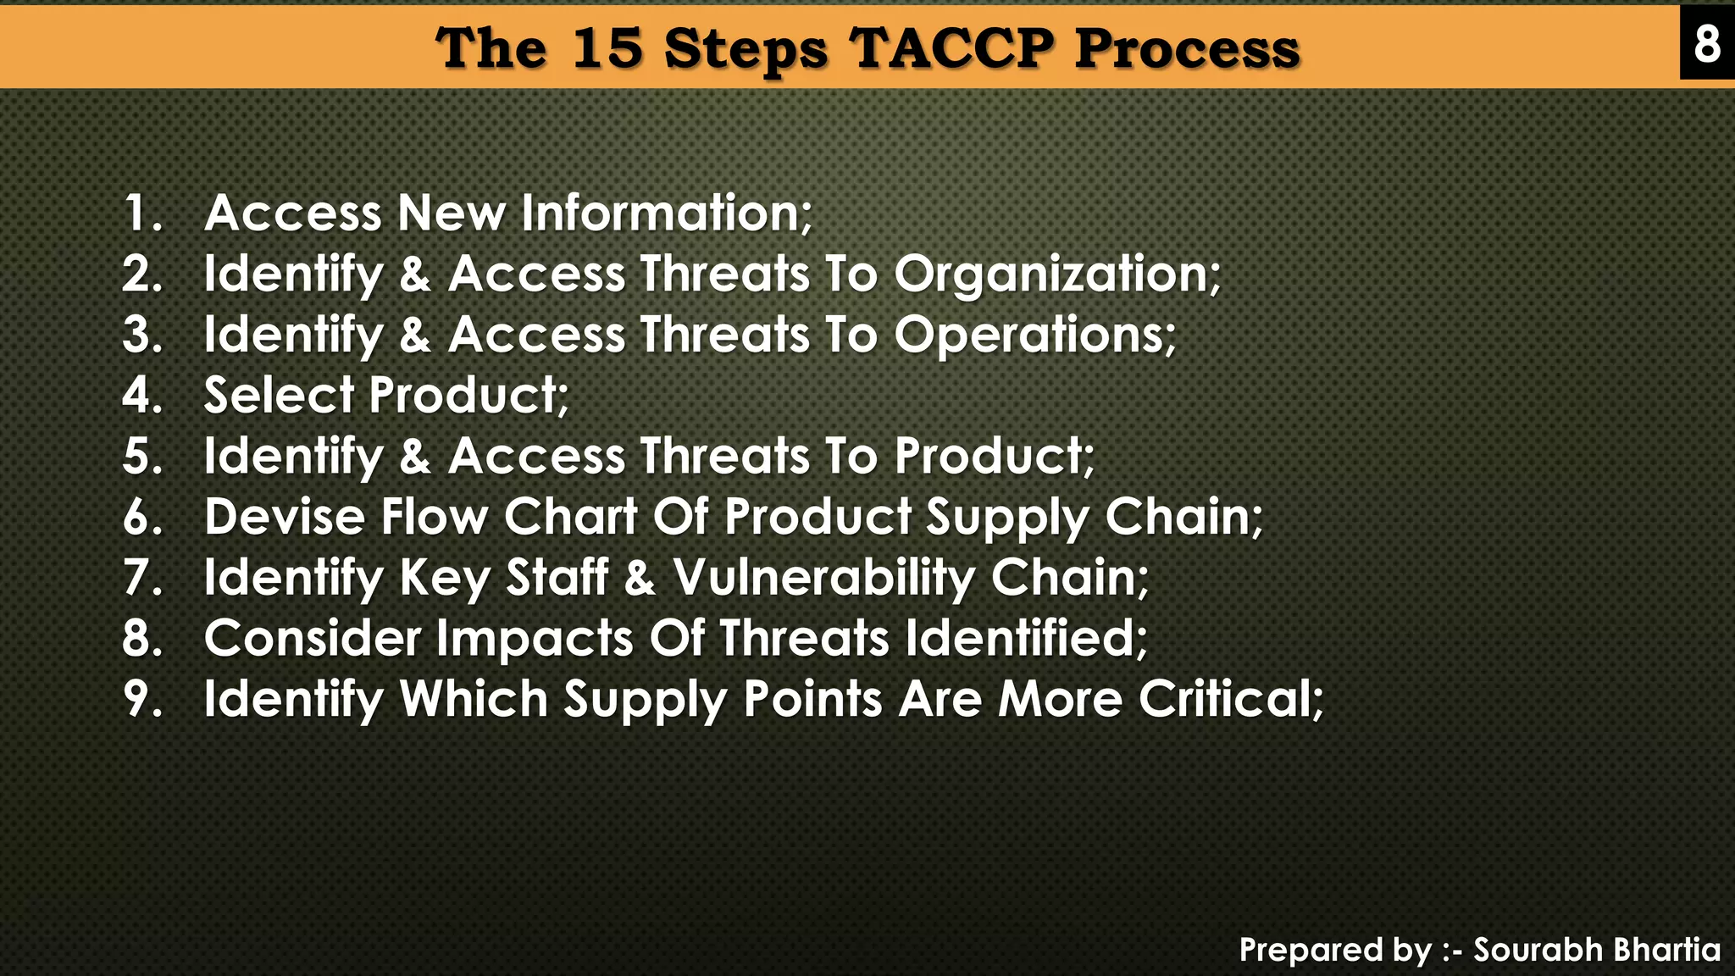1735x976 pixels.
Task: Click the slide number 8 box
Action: [x=1707, y=42]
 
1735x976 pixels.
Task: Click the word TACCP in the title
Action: [x=952, y=47]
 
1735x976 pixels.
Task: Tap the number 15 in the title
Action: [x=607, y=47]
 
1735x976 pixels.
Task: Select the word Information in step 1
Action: [x=666, y=213]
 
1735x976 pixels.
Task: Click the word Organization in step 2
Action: [x=1056, y=274]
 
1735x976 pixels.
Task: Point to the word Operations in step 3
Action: [x=1034, y=335]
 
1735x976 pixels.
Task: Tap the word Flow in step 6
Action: [x=434, y=517]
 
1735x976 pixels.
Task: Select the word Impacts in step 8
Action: [x=535, y=639]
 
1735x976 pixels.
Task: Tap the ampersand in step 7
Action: [x=640, y=579]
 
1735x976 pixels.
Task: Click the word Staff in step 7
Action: [x=557, y=579]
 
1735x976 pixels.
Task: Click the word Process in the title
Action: [x=1187, y=49]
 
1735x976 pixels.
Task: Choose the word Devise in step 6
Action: [x=285, y=517]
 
